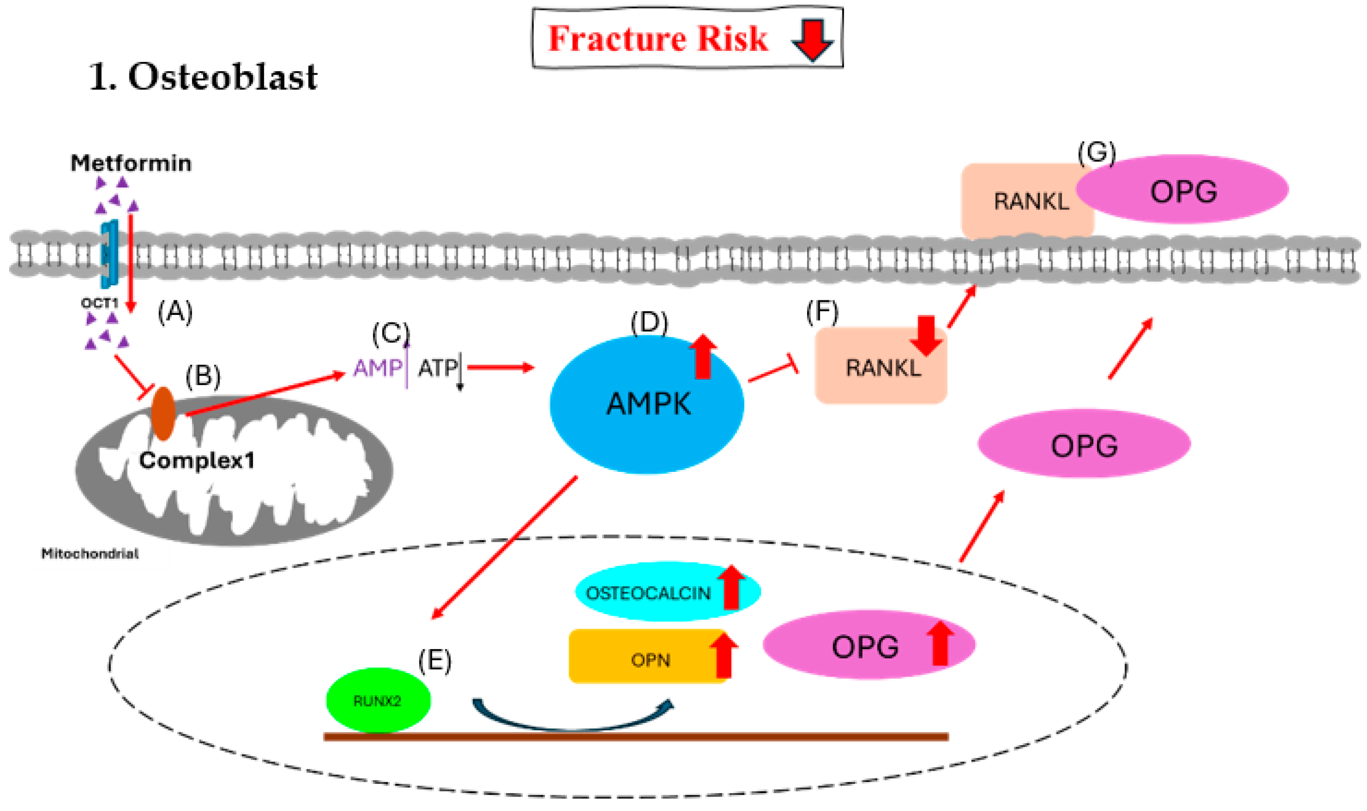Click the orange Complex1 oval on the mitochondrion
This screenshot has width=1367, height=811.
[x=163, y=413]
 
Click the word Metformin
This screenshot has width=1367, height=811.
[x=131, y=163]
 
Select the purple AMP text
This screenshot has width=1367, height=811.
[x=377, y=368]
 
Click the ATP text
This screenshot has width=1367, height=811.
[x=437, y=368]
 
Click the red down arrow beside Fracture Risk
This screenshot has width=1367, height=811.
[x=812, y=39]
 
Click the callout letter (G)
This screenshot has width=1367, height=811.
[x=1097, y=153]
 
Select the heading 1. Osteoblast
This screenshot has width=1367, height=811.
[x=202, y=77]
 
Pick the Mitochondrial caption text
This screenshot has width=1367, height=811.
[x=90, y=554]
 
